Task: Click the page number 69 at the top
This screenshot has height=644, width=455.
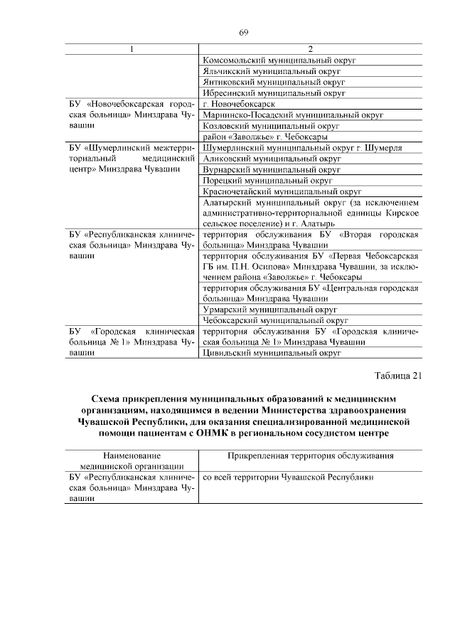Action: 243,33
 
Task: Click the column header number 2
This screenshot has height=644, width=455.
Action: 310,49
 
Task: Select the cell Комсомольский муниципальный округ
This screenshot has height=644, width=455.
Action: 279,60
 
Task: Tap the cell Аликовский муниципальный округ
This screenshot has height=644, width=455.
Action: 272,158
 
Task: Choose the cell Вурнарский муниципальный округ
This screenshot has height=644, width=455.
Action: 272,169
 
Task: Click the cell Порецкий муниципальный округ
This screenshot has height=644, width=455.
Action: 267,181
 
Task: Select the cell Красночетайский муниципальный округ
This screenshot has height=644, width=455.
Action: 282,191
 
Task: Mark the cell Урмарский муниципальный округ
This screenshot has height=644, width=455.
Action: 269,310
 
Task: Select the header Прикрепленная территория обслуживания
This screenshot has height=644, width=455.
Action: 310,455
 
